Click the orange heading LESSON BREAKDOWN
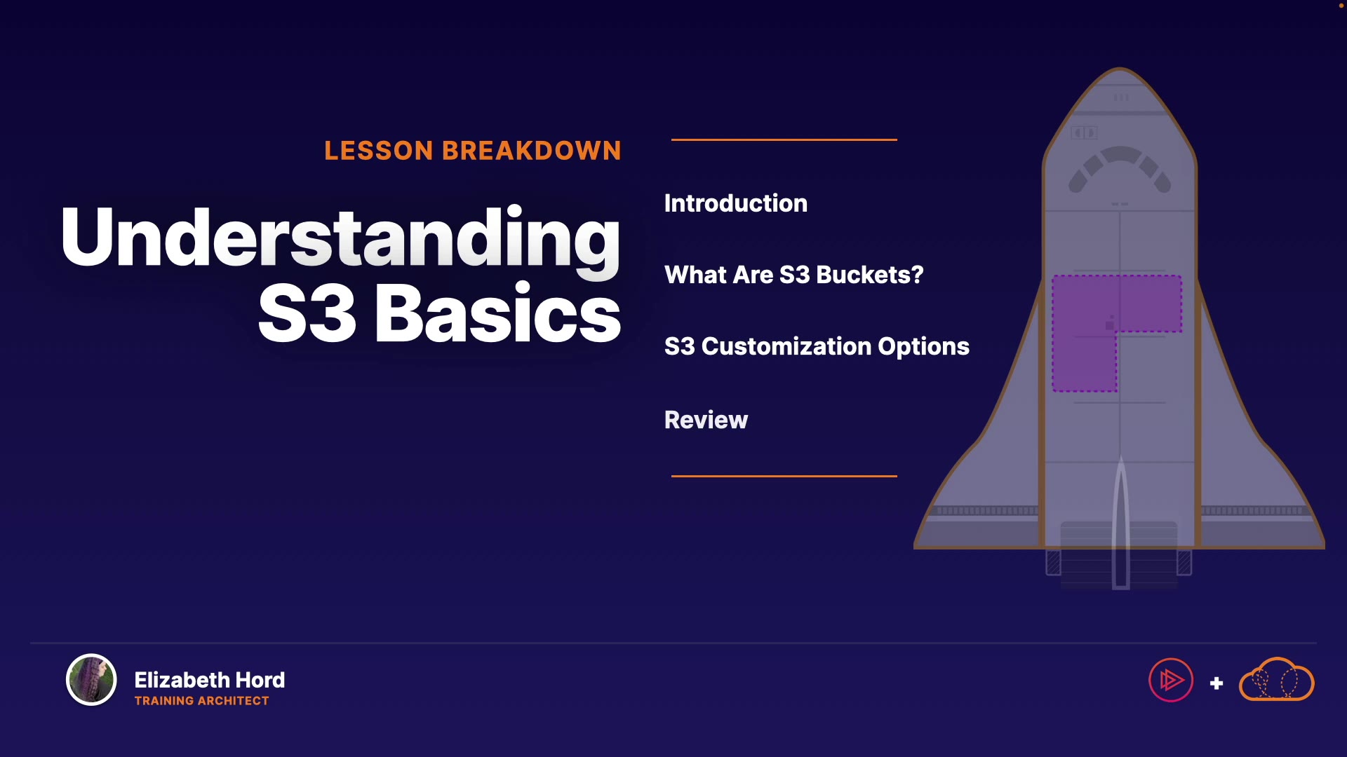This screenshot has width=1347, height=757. pos(473,151)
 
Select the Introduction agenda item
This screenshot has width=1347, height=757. pos(736,203)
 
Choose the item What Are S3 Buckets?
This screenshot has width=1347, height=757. pos(794,275)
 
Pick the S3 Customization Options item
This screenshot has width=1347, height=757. pos(817,346)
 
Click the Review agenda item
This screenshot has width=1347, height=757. pos(706,420)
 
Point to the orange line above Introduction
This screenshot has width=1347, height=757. pos(784,139)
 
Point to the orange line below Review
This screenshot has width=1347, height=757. pos(784,476)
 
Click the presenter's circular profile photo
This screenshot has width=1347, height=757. pos(91,679)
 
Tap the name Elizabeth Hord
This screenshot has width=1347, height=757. pos(210,680)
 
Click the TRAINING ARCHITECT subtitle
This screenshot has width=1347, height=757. pos(201,701)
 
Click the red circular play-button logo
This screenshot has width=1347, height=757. pos(1171,680)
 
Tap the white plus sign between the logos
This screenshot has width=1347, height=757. pos(1217,683)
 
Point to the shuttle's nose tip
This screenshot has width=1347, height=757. pos(1120,69)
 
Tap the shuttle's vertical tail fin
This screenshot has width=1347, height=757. pos(1120,522)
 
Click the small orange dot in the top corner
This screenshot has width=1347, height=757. pos(1341,6)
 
